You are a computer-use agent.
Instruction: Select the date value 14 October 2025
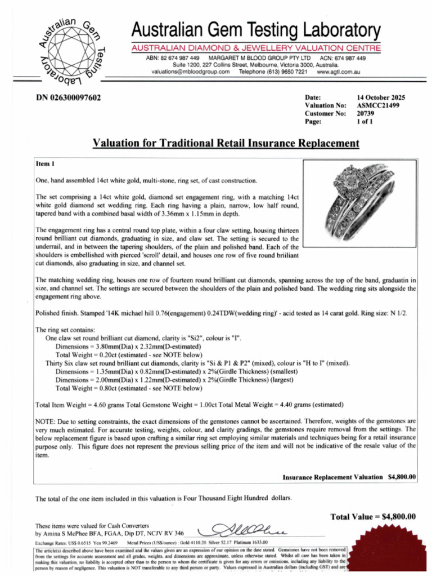[381, 97]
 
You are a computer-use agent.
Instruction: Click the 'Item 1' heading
[45, 164]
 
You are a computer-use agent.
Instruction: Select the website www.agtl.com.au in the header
[338, 72]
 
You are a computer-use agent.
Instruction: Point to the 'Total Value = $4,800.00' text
[373, 517]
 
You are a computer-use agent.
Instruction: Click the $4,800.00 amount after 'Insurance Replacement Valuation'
[402, 477]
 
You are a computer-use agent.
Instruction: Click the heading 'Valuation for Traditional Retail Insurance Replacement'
[225, 143]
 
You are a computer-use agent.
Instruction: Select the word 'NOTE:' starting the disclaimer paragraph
[45, 421]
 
